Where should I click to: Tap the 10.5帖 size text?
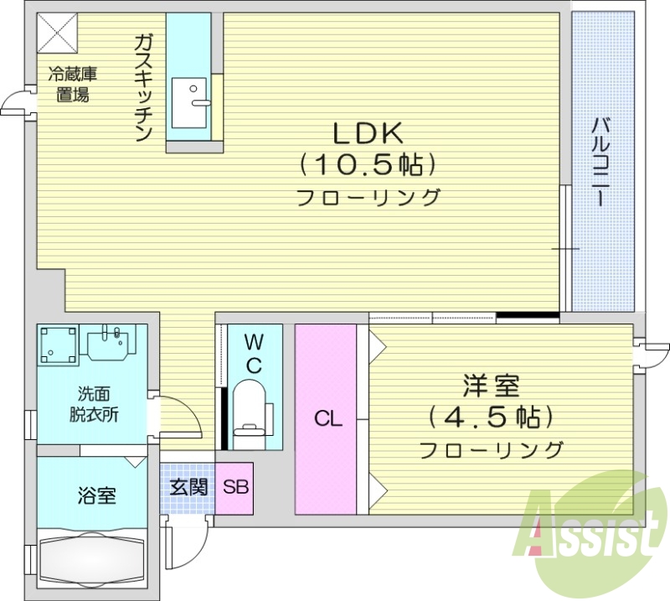pyautogui.click(x=368, y=165)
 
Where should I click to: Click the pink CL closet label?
pyautogui.click(x=328, y=420)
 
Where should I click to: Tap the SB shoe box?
pyautogui.click(x=234, y=486)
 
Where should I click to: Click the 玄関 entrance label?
pyautogui.click(x=188, y=486)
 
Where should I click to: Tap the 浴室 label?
pyautogui.click(x=98, y=495)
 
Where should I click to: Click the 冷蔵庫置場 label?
pyautogui.click(x=72, y=84)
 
